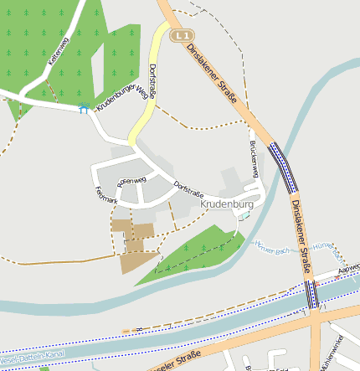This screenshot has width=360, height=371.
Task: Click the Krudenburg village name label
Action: [227, 204]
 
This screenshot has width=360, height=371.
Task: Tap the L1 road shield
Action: [183, 35]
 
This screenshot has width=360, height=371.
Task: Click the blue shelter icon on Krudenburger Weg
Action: [83, 108]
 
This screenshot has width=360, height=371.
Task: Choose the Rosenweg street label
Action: [131, 179]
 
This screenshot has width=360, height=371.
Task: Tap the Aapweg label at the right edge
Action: [348, 269]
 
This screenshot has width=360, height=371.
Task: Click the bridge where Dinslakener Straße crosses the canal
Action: [312, 295]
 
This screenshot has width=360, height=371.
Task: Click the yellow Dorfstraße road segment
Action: [147, 100]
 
